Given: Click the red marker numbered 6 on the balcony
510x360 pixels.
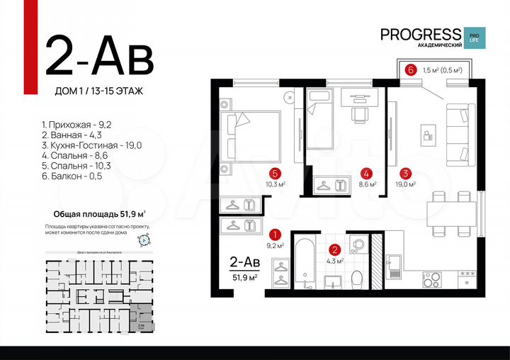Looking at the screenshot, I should [x=410, y=69].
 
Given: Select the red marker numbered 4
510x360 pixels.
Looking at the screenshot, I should [x=365, y=172].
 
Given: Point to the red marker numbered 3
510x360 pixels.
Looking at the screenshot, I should [x=404, y=172].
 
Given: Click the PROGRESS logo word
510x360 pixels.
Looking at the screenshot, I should [x=420, y=35].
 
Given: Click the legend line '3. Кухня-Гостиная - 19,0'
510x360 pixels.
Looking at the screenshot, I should [x=91, y=145].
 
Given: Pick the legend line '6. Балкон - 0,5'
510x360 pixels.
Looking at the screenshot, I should [x=72, y=176].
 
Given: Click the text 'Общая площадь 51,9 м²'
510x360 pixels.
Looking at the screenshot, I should [x=100, y=213].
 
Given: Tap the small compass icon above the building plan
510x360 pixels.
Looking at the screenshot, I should [x=144, y=240].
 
